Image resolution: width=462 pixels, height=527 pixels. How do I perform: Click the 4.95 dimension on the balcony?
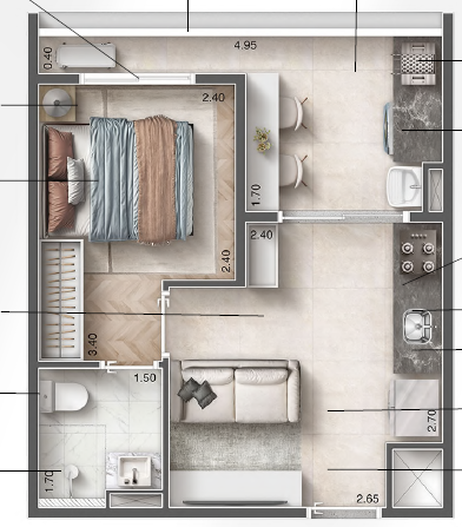pyautogui.click(x=245, y=45)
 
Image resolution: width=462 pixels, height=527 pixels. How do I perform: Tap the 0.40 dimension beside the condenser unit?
pyautogui.click(x=48, y=59)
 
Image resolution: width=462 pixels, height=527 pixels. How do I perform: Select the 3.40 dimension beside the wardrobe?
pyautogui.click(x=93, y=344)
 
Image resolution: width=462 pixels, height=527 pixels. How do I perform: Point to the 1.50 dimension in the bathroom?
pyautogui.click(x=145, y=378)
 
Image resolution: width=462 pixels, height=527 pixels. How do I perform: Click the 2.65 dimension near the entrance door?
pyautogui.click(x=367, y=498)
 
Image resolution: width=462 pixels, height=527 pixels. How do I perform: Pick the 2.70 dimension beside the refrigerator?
pyautogui.click(x=432, y=421)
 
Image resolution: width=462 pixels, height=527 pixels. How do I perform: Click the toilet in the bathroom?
pyautogui.click(x=66, y=397)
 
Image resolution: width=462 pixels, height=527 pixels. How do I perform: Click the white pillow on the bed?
pyautogui.click(x=75, y=180)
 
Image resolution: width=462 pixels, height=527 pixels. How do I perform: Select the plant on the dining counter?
pyautogui.click(x=262, y=140)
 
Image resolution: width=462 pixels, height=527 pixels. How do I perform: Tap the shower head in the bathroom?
pyautogui.click(x=70, y=471)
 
